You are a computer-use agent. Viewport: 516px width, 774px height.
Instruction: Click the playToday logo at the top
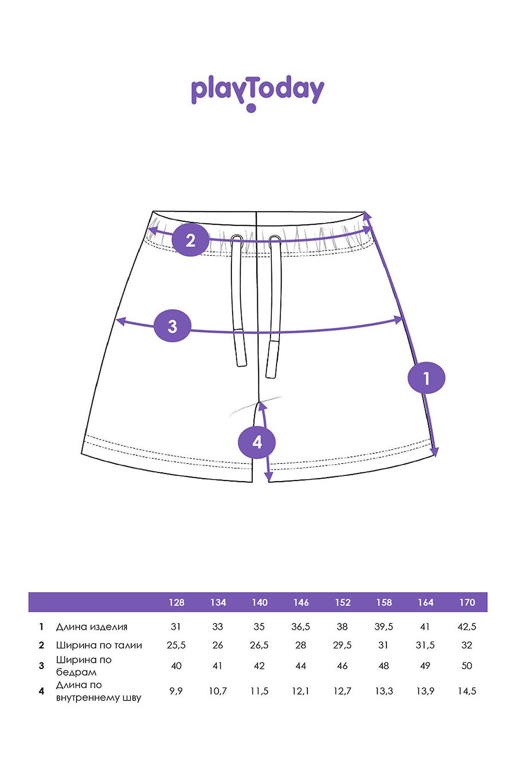pyautogui.click(x=257, y=93)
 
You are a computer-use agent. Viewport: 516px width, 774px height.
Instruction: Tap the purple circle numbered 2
pyautogui.click(x=190, y=240)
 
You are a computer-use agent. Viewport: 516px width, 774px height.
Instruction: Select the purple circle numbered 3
pyautogui.click(x=172, y=326)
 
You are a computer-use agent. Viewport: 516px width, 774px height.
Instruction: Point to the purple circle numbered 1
pyautogui.click(x=426, y=378)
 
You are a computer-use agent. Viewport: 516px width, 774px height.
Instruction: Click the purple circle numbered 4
pyautogui.click(x=257, y=442)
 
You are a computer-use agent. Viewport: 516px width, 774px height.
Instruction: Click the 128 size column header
pyautogui.click(x=176, y=602)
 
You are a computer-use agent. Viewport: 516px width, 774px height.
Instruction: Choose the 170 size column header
pyautogui.click(x=467, y=602)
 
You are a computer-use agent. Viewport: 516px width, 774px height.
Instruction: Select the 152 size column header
pyautogui.click(x=343, y=602)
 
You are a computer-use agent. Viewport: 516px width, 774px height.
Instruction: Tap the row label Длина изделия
pyautogui.click(x=92, y=627)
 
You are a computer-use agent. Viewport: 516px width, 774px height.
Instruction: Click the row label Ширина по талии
pyautogui.click(x=99, y=645)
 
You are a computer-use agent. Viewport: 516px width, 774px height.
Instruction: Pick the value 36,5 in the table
pyautogui.click(x=301, y=627)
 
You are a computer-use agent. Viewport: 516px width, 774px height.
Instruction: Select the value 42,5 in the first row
pyautogui.click(x=467, y=627)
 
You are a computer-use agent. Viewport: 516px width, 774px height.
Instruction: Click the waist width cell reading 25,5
pyautogui.click(x=176, y=645)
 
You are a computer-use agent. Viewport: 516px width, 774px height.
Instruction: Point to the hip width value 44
pyautogui.click(x=301, y=666)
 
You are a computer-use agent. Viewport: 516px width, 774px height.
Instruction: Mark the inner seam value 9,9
pyautogui.click(x=176, y=691)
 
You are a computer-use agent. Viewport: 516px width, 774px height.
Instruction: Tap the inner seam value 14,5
pyautogui.click(x=467, y=691)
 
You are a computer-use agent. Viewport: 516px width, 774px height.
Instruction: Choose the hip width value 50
pyautogui.click(x=467, y=666)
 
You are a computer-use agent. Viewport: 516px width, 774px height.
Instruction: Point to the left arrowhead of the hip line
pyautogui.click(x=121, y=321)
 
